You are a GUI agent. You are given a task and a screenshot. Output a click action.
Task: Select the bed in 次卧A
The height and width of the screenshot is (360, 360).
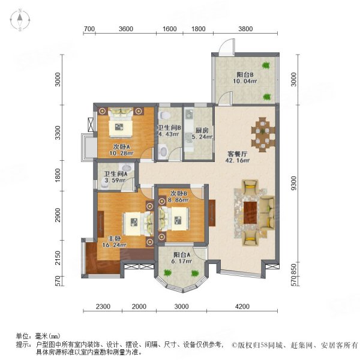[122, 123]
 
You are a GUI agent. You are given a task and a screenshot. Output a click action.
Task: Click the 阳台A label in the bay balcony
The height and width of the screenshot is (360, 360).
[178, 262]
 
